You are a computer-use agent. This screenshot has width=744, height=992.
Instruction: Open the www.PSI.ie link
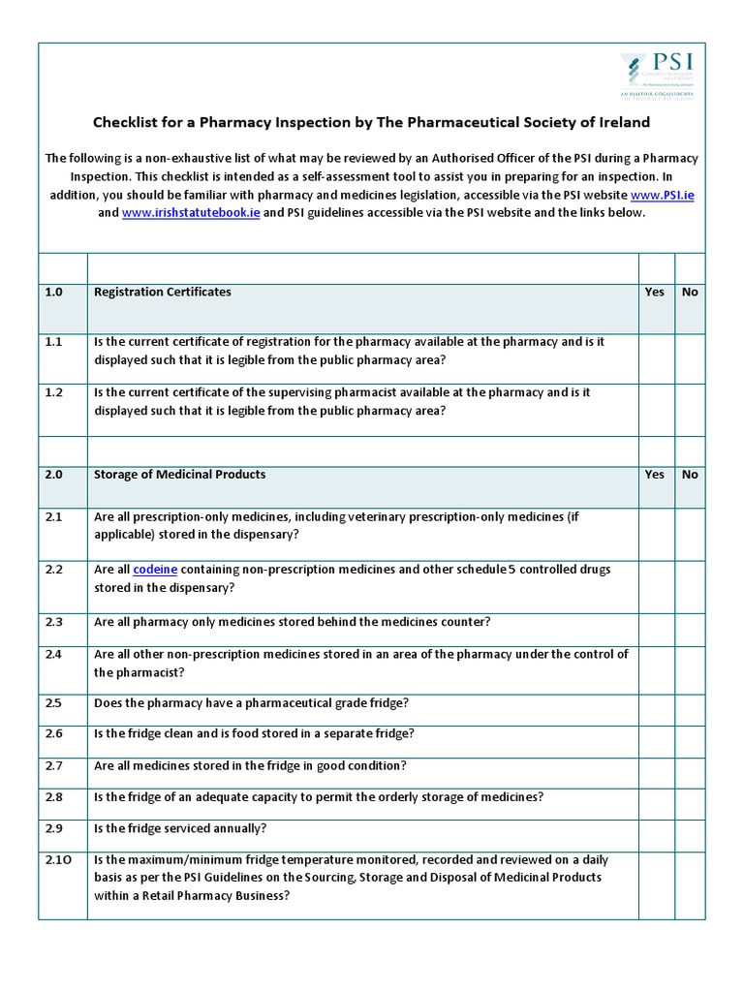(x=663, y=195)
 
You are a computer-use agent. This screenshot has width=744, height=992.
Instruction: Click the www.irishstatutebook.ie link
(x=191, y=212)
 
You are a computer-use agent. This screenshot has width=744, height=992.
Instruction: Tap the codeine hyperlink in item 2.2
(x=154, y=569)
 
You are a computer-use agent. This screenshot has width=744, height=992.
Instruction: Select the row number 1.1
(x=53, y=342)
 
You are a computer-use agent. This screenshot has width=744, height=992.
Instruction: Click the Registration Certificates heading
(x=162, y=292)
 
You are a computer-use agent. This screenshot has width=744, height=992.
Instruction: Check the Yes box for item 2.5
(x=656, y=710)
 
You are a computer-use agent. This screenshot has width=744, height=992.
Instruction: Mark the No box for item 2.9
(x=690, y=835)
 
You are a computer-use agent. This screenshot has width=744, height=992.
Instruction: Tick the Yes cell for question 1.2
(x=656, y=410)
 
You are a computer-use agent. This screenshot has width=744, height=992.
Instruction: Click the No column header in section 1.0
(x=690, y=292)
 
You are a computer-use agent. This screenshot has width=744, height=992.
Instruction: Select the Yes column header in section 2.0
(x=655, y=474)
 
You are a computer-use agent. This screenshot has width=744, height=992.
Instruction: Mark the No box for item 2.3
(x=690, y=630)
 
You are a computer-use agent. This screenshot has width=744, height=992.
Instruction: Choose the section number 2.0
(x=53, y=474)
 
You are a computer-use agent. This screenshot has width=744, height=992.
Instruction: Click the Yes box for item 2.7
(x=656, y=772)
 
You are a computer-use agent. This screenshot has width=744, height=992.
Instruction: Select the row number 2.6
(x=53, y=733)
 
